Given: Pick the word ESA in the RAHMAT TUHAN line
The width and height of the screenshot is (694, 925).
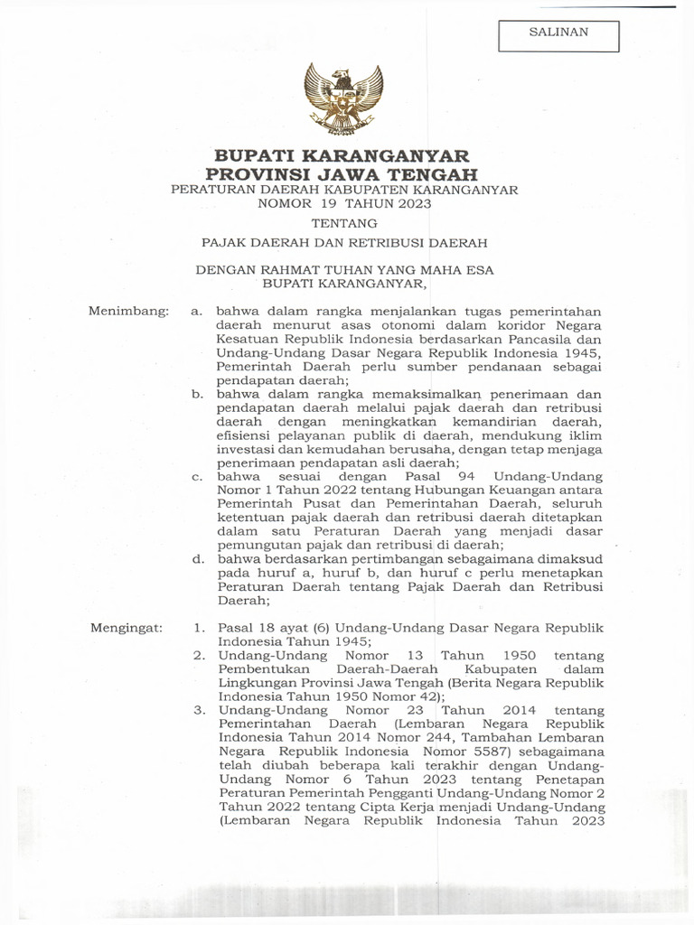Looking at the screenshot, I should pyautogui.click(x=477, y=269).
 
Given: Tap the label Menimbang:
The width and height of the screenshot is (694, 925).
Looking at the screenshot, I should pyautogui.click(x=128, y=312).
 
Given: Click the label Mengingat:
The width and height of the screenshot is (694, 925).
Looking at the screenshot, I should pyautogui.click(x=127, y=627).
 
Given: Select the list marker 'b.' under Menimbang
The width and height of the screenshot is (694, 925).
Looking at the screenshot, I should pyautogui.click(x=197, y=394).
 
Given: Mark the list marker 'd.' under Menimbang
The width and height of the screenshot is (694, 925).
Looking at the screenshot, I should pyautogui.click(x=197, y=559).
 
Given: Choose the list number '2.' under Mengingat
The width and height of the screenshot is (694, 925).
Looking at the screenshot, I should pyautogui.click(x=200, y=655).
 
